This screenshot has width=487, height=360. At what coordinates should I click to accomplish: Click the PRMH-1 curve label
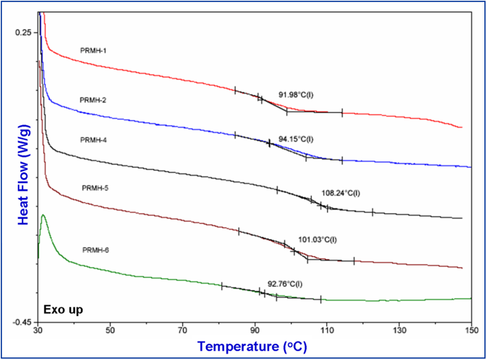click(93, 50)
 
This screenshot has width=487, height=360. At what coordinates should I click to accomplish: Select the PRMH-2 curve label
click(93, 100)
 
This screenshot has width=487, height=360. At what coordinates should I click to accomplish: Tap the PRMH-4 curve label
click(93, 140)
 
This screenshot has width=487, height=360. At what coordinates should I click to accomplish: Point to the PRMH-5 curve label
click(95, 188)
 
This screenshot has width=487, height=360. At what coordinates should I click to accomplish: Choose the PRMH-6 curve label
click(95, 250)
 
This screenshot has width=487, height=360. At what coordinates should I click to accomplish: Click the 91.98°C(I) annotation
click(296, 95)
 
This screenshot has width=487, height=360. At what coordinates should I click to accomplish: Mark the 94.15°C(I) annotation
click(296, 139)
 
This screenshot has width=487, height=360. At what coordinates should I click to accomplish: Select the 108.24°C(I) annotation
click(340, 193)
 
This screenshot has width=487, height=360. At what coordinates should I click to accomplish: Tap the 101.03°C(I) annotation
click(317, 240)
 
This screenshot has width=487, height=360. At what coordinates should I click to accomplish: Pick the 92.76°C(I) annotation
click(285, 284)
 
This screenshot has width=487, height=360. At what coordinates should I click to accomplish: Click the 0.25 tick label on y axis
click(23, 33)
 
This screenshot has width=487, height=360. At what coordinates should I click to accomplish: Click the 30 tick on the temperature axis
click(38, 330)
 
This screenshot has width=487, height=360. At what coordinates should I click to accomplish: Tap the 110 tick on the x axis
click(327, 330)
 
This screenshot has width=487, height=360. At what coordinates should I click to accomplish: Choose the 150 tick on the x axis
click(471, 330)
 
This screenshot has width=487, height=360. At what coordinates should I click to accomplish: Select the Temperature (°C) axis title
click(252, 346)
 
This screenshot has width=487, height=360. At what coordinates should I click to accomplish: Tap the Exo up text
click(63, 310)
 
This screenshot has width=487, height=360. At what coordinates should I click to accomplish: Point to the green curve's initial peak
click(43, 215)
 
